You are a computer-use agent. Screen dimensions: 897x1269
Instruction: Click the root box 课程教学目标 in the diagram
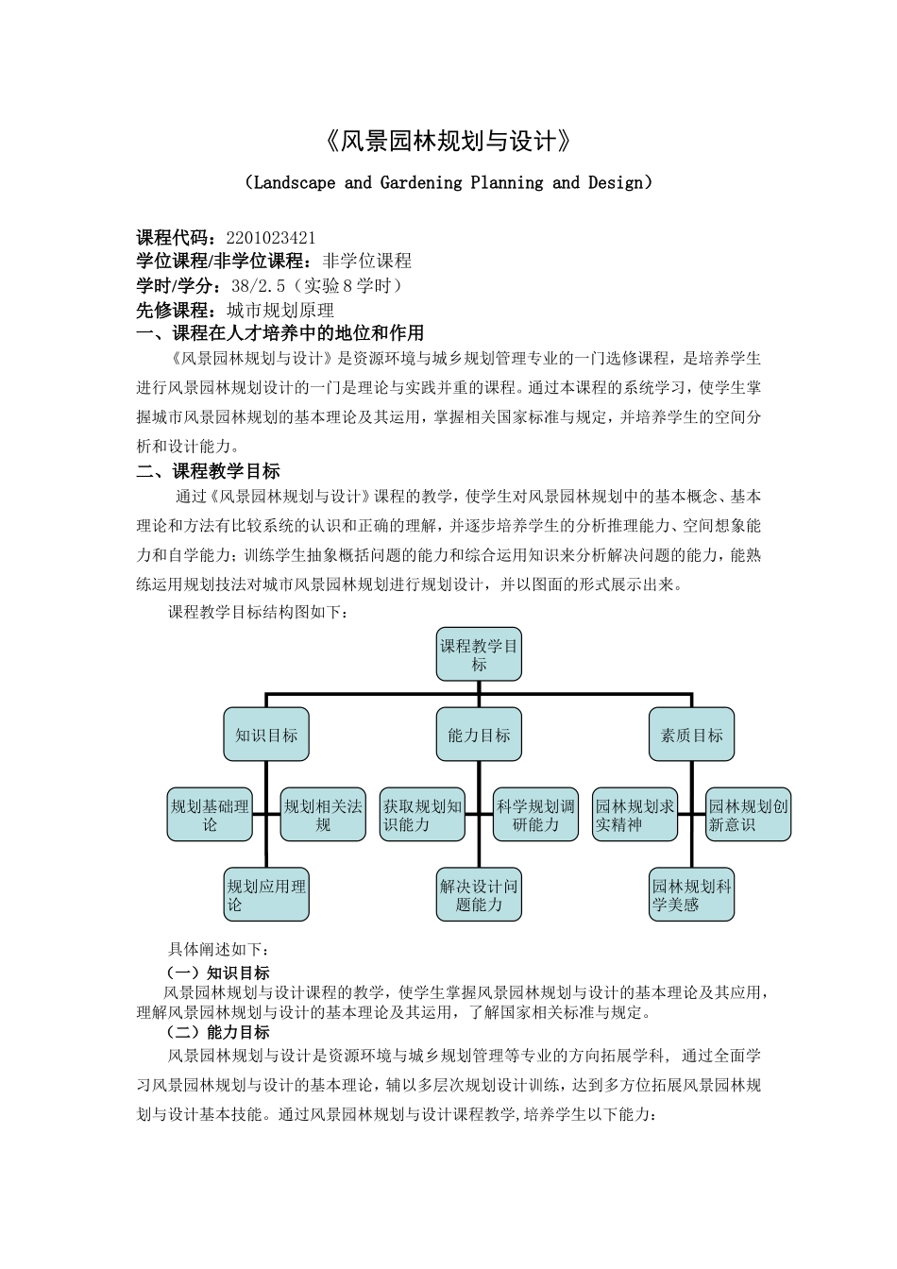click(479, 654)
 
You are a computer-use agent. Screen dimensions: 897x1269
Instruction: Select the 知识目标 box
click(266, 735)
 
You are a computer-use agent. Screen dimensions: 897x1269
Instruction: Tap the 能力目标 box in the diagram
click(479, 735)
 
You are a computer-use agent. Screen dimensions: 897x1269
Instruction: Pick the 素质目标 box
click(691, 735)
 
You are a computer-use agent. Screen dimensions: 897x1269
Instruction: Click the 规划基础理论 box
click(210, 815)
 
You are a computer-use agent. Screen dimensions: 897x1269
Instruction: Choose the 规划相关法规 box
click(323, 815)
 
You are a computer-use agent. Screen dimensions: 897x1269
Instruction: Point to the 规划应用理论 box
click(266, 895)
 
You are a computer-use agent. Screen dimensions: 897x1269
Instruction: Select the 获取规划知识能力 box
click(422, 815)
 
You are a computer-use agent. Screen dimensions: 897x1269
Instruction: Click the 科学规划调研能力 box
click(535, 815)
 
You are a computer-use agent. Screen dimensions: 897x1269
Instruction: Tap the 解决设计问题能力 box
click(479, 895)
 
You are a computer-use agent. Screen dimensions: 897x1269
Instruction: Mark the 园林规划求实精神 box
click(635, 815)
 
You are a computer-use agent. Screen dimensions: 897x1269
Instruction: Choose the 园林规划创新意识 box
click(748, 815)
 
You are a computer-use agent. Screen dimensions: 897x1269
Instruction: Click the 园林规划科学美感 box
click(691, 895)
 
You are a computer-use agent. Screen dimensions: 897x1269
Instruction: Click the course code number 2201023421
click(271, 237)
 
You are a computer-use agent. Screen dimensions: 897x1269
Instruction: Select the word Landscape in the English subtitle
click(295, 182)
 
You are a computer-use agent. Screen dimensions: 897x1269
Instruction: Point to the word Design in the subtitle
click(614, 182)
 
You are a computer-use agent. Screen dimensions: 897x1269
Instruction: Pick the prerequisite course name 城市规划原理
click(280, 310)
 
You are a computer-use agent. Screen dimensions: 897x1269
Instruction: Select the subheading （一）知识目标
click(218, 973)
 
